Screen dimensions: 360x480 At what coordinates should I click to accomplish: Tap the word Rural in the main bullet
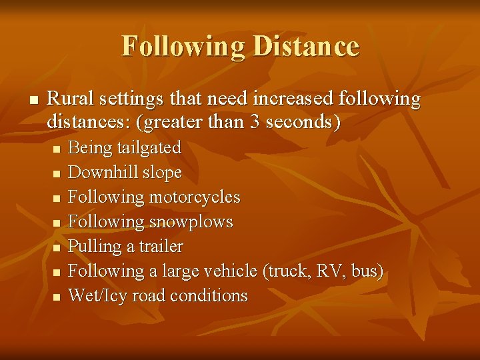[x=70, y=99]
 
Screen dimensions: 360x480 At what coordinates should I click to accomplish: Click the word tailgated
[x=148, y=147]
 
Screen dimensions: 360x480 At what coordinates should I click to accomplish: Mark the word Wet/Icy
[x=97, y=295]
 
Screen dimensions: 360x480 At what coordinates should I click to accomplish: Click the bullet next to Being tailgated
[x=56, y=148]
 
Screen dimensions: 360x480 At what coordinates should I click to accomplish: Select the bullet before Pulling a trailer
[x=56, y=247]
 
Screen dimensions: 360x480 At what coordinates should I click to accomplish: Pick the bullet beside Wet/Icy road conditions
[x=56, y=296]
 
